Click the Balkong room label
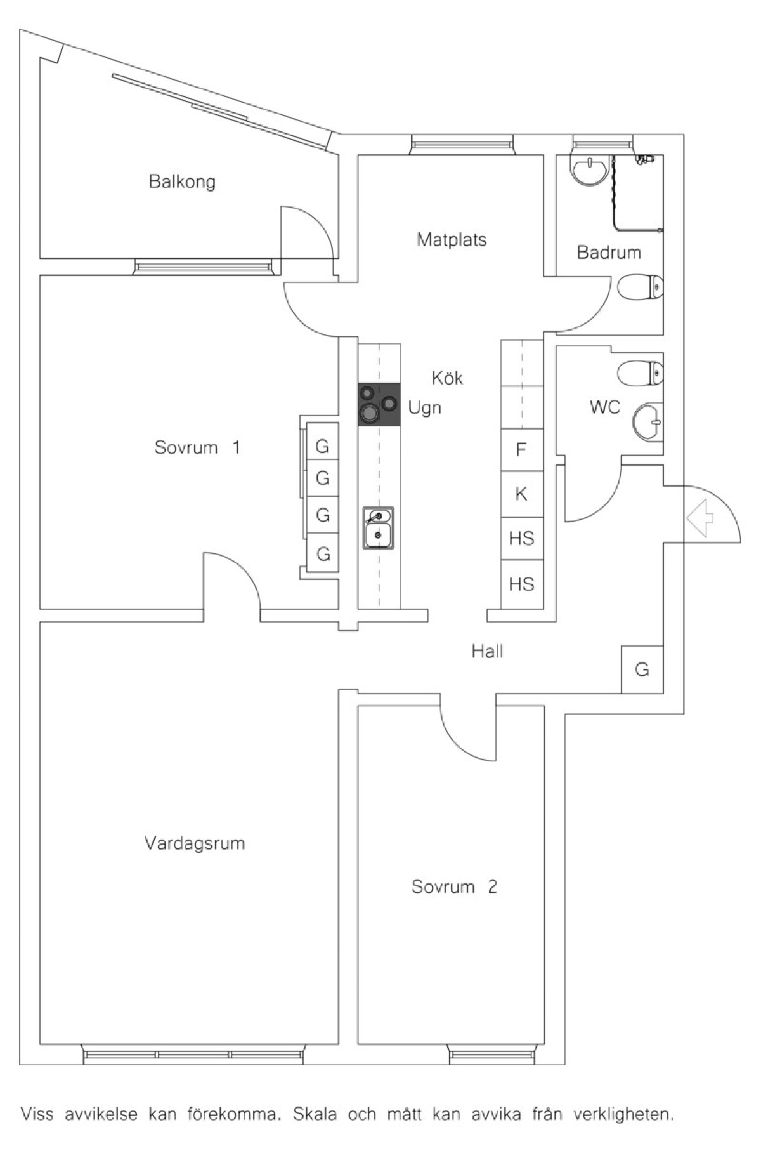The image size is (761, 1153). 182,182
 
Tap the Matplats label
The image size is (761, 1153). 452,240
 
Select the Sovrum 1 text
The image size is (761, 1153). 197,447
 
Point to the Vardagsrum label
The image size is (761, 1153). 194,843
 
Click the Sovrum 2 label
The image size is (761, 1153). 454,886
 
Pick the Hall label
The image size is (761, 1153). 487,651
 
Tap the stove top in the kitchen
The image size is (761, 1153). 379,404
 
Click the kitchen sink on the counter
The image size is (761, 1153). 378,527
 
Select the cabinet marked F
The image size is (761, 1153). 522,450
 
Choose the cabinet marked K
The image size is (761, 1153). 522,494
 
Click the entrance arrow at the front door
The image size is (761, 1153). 700,518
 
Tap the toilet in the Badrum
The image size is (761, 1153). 641,288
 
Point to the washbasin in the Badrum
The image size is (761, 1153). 590,169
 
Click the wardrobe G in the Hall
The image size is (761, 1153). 642,669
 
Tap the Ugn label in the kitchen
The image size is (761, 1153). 424,407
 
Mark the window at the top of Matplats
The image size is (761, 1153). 461,145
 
